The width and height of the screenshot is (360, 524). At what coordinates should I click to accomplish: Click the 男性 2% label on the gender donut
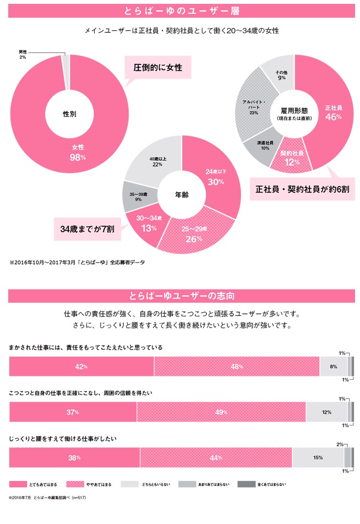(x=23, y=54)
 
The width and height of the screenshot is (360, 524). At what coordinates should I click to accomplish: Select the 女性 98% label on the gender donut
(x=78, y=152)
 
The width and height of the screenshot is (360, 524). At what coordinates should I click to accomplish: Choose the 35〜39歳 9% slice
(x=134, y=197)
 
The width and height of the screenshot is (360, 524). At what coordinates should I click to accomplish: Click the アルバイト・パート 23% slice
(x=253, y=108)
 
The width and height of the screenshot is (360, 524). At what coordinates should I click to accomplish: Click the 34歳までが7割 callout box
(x=87, y=228)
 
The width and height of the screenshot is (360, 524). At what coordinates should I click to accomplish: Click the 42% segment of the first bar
(x=81, y=367)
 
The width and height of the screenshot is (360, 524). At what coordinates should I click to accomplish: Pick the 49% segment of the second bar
(x=221, y=412)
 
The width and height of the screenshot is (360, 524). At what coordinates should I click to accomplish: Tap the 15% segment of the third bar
(x=318, y=457)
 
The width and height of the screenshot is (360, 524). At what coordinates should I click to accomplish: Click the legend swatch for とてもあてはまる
(x=25, y=484)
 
